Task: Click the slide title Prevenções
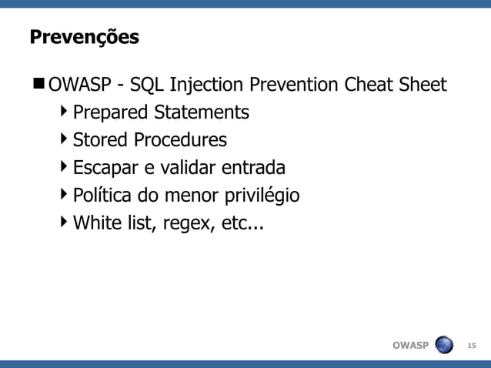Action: pos(84,38)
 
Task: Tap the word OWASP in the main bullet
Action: pos(80,84)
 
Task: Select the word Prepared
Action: pos(110,112)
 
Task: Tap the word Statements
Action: pos(201,112)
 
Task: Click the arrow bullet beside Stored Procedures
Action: pos(63,139)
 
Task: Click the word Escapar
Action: pos(102,168)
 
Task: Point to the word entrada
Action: pos(253,168)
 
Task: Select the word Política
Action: pos(99,196)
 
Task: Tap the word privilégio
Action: pos(262,196)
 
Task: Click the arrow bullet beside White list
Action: pos(63,222)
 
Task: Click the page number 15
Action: pos(472,345)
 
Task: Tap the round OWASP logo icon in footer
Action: pos(444,344)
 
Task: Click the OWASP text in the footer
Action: pos(410,345)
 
